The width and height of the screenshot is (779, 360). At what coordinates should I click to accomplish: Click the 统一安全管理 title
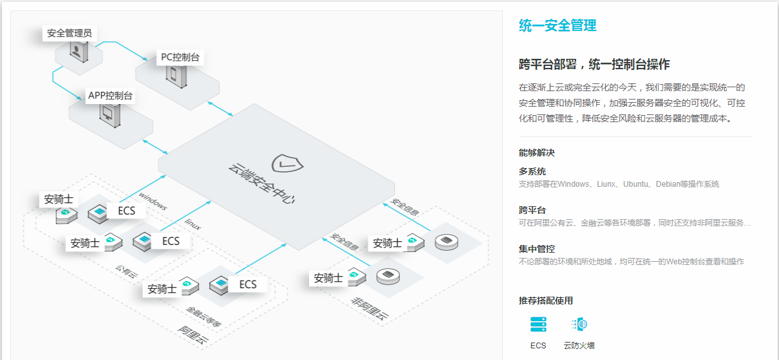(557, 26)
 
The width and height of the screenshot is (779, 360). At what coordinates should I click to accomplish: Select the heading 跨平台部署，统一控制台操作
(594, 65)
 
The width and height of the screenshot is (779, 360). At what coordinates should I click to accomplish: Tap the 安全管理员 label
(69, 33)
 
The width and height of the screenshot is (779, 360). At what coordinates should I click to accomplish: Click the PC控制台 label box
(180, 58)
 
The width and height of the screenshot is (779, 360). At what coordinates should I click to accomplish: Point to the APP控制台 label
(111, 96)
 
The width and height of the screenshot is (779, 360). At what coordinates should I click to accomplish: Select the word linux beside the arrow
(193, 224)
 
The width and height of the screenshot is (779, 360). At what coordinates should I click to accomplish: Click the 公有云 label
(127, 271)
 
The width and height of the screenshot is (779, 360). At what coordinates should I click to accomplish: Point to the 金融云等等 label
(204, 316)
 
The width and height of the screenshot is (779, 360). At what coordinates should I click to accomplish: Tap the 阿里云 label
(195, 336)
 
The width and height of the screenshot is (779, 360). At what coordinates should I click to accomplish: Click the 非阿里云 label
(370, 309)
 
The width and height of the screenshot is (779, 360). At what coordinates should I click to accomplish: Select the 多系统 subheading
(532, 171)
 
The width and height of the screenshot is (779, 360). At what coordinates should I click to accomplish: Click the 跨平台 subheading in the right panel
(532, 210)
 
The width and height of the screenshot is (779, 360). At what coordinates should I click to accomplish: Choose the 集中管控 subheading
(537, 249)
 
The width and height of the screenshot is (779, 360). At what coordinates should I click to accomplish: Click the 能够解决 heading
(537, 153)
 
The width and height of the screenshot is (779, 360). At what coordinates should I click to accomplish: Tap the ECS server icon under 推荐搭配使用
(538, 324)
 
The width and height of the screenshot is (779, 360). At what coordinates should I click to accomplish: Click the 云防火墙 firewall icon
(579, 324)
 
